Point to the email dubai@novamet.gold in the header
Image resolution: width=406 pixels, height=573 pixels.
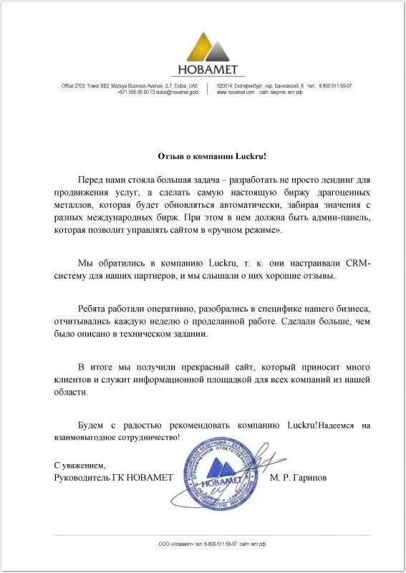175,92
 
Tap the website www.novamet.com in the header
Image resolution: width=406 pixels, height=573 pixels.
235,92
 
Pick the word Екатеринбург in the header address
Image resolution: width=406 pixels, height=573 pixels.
250,85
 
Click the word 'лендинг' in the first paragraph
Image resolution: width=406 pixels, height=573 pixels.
335,179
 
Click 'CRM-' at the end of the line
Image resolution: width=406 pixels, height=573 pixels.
357,264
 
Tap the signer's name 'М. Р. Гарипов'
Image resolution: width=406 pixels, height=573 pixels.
299,477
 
